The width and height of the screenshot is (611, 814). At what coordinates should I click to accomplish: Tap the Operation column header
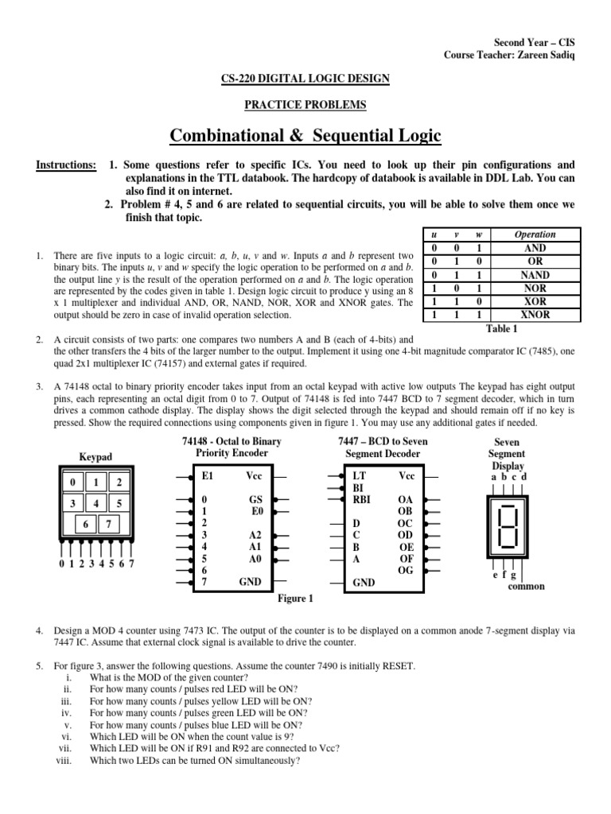[x=535, y=235]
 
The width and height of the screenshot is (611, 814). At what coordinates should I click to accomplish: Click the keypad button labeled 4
[x=95, y=503]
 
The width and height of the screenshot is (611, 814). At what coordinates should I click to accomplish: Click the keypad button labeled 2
[x=118, y=483]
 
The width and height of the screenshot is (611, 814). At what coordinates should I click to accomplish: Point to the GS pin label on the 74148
[x=255, y=500]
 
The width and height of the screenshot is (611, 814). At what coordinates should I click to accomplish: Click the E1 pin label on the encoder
[x=208, y=475]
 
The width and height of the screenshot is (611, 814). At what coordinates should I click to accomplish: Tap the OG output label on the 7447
[x=405, y=570]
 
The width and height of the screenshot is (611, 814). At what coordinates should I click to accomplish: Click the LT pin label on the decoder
[x=357, y=475]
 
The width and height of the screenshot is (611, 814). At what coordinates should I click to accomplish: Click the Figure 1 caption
[x=294, y=599]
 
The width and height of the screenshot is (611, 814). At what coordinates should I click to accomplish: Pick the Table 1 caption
[x=501, y=328]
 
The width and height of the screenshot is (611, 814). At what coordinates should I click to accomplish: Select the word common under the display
[x=526, y=586]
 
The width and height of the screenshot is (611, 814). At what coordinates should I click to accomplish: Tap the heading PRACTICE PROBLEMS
[x=305, y=104]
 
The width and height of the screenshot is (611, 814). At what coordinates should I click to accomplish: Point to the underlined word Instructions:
[x=66, y=165]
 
